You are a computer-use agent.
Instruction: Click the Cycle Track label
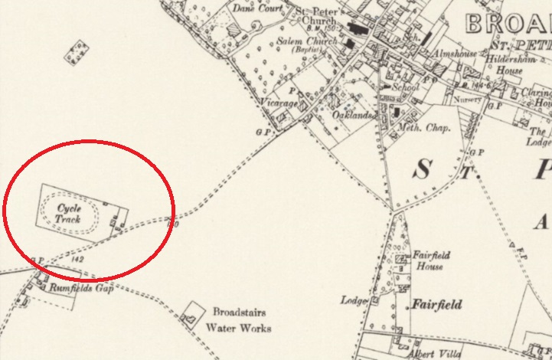(x=67, y=214)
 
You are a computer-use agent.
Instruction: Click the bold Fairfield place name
(x=437, y=305)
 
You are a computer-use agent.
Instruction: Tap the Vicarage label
(x=278, y=101)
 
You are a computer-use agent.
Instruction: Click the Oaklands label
(x=353, y=116)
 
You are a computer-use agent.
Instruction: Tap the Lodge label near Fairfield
(x=357, y=300)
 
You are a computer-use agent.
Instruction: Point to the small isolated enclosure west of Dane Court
(x=76, y=52)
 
